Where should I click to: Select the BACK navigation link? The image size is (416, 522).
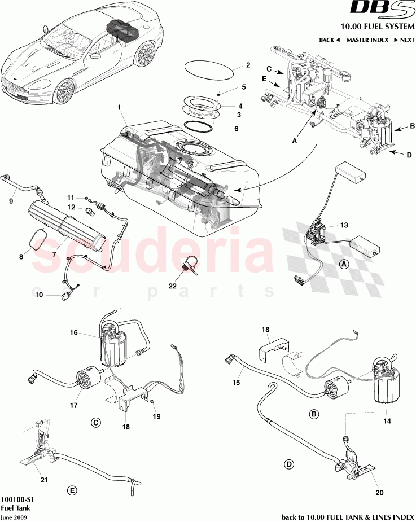[329, 40]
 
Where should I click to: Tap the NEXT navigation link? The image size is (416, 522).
[404, 40]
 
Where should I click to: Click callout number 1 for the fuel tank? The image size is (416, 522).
[120, 107]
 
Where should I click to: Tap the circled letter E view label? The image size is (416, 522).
[72, 491]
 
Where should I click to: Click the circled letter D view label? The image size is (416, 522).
[288, 464]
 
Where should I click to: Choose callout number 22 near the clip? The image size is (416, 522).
[173, 286]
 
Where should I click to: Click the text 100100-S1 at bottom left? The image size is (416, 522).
[16, 499]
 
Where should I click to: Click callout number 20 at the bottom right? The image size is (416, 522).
[379, 492]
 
